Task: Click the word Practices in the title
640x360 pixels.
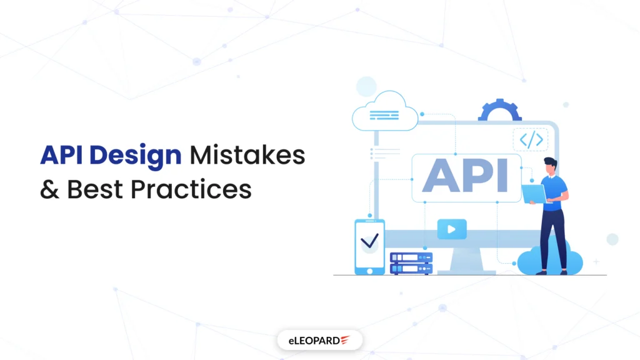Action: coord(198,189)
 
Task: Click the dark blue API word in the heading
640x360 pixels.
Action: coord(63,154)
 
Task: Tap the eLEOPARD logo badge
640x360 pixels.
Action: coord(319,340)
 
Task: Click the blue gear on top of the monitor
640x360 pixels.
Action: coord(499,111)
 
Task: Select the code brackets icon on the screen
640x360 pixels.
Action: coord(531,140)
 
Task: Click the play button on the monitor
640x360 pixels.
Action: coord(451,229)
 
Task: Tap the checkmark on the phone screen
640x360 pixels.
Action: coord(370,240)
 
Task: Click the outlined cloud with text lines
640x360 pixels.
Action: coord(385,115)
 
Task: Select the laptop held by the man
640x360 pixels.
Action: coord(532,194)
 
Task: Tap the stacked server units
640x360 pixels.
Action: coord(411,263)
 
